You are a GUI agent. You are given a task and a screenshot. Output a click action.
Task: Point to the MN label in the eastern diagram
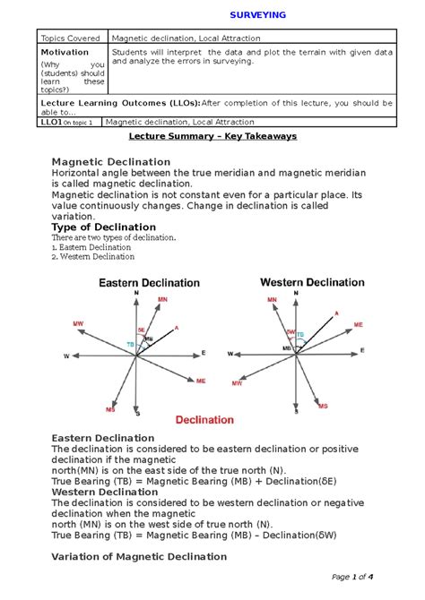162,299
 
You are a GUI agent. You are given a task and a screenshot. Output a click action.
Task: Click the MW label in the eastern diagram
78,321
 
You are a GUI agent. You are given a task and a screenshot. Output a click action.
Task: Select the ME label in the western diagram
359,325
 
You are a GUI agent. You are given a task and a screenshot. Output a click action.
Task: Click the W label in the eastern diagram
65,356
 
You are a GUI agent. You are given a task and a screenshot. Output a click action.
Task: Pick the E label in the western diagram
362,350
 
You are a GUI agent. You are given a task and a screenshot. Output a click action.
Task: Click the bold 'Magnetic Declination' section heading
111,161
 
